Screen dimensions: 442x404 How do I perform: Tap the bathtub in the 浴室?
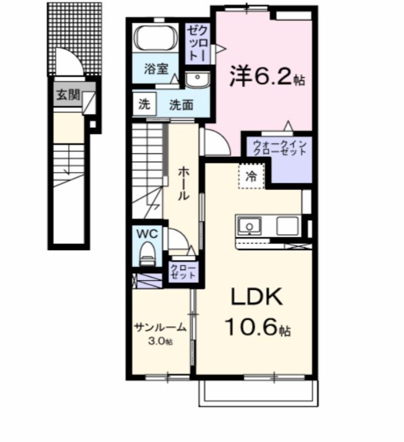pyautogui.click(x=155, y=38)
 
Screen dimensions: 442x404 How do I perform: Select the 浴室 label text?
pyautogui.click(x=156, y=70)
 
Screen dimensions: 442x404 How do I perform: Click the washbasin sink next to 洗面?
pyautogui.click(x=197, y=81)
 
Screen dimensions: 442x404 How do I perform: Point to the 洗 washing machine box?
pyautogui.click(x=143, y=104)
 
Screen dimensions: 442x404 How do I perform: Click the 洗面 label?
pyautogui.click(x=180, y=105)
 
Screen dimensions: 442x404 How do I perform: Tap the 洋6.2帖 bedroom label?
pyautogui.click(x=267, y=77)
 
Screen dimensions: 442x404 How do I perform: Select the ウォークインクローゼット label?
pyautogui.click(x=279, y=148)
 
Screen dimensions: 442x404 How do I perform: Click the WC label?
pyautogui.click(x=148, y=234)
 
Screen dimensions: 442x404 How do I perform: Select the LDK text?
pyautogui.click(x=256, y=298)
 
